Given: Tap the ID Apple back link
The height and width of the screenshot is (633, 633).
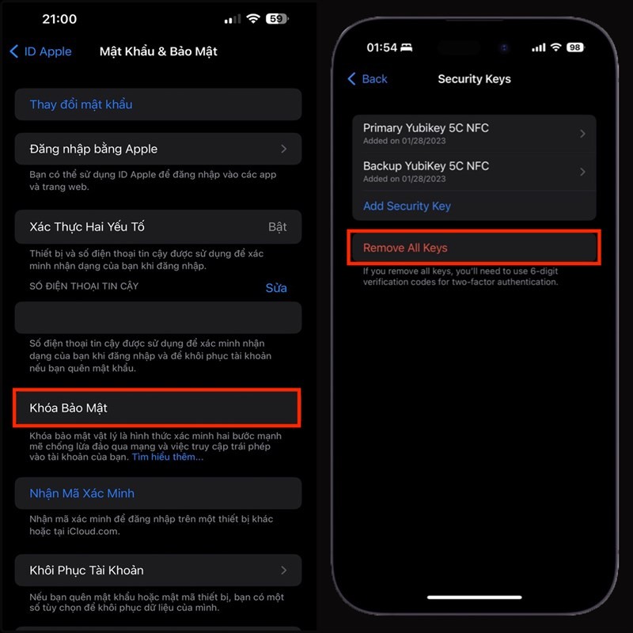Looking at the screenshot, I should (41, 51).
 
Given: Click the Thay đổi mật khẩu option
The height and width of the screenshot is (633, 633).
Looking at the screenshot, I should (81, 104).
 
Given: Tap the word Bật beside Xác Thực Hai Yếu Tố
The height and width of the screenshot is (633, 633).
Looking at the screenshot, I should (277, 227).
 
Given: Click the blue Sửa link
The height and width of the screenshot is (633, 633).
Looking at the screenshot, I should (276, 288).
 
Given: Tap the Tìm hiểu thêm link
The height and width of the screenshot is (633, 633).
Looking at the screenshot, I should (167, 457).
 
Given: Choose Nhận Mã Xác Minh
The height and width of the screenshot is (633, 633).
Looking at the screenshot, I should (82, 493).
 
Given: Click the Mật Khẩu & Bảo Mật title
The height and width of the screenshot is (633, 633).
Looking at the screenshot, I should (158, 51).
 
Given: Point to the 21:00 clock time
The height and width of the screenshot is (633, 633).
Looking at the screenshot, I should (59, 18).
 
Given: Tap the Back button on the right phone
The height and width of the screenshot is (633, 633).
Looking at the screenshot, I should (368, 79).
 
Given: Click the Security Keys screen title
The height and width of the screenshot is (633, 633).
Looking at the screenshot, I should (474, 79).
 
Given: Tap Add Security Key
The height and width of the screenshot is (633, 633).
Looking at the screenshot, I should (407, 206).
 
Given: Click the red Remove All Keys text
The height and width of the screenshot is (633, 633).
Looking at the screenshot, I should (405, 248).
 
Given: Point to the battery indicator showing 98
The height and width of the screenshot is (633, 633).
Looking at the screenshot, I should (575, 47).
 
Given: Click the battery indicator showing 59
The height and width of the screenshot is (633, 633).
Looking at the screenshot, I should (275, 18).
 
